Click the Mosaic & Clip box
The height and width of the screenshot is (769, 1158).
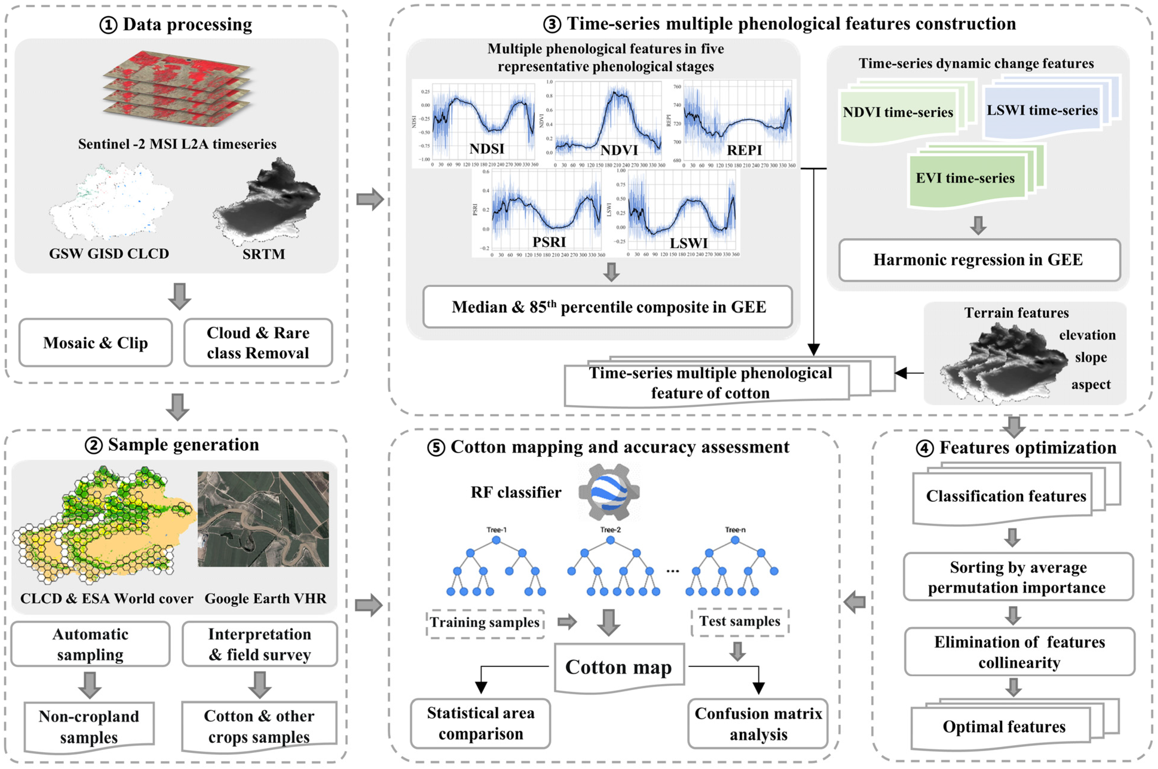click(96, 342)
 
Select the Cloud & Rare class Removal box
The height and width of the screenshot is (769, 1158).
click(258, 342)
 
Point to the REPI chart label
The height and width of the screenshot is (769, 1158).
click(744, 150)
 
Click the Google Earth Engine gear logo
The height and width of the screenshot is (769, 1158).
click(609, 492)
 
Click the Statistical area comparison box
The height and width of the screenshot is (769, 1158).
click(480, 723)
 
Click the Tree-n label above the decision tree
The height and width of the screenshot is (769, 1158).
click(735, 530)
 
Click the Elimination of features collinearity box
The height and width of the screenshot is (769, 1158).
click(1019, 652)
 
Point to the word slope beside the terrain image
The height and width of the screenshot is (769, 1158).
click(1091, 358)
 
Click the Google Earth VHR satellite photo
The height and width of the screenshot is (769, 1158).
click(263, 519)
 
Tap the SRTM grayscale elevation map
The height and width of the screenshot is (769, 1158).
click(268, 201)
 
